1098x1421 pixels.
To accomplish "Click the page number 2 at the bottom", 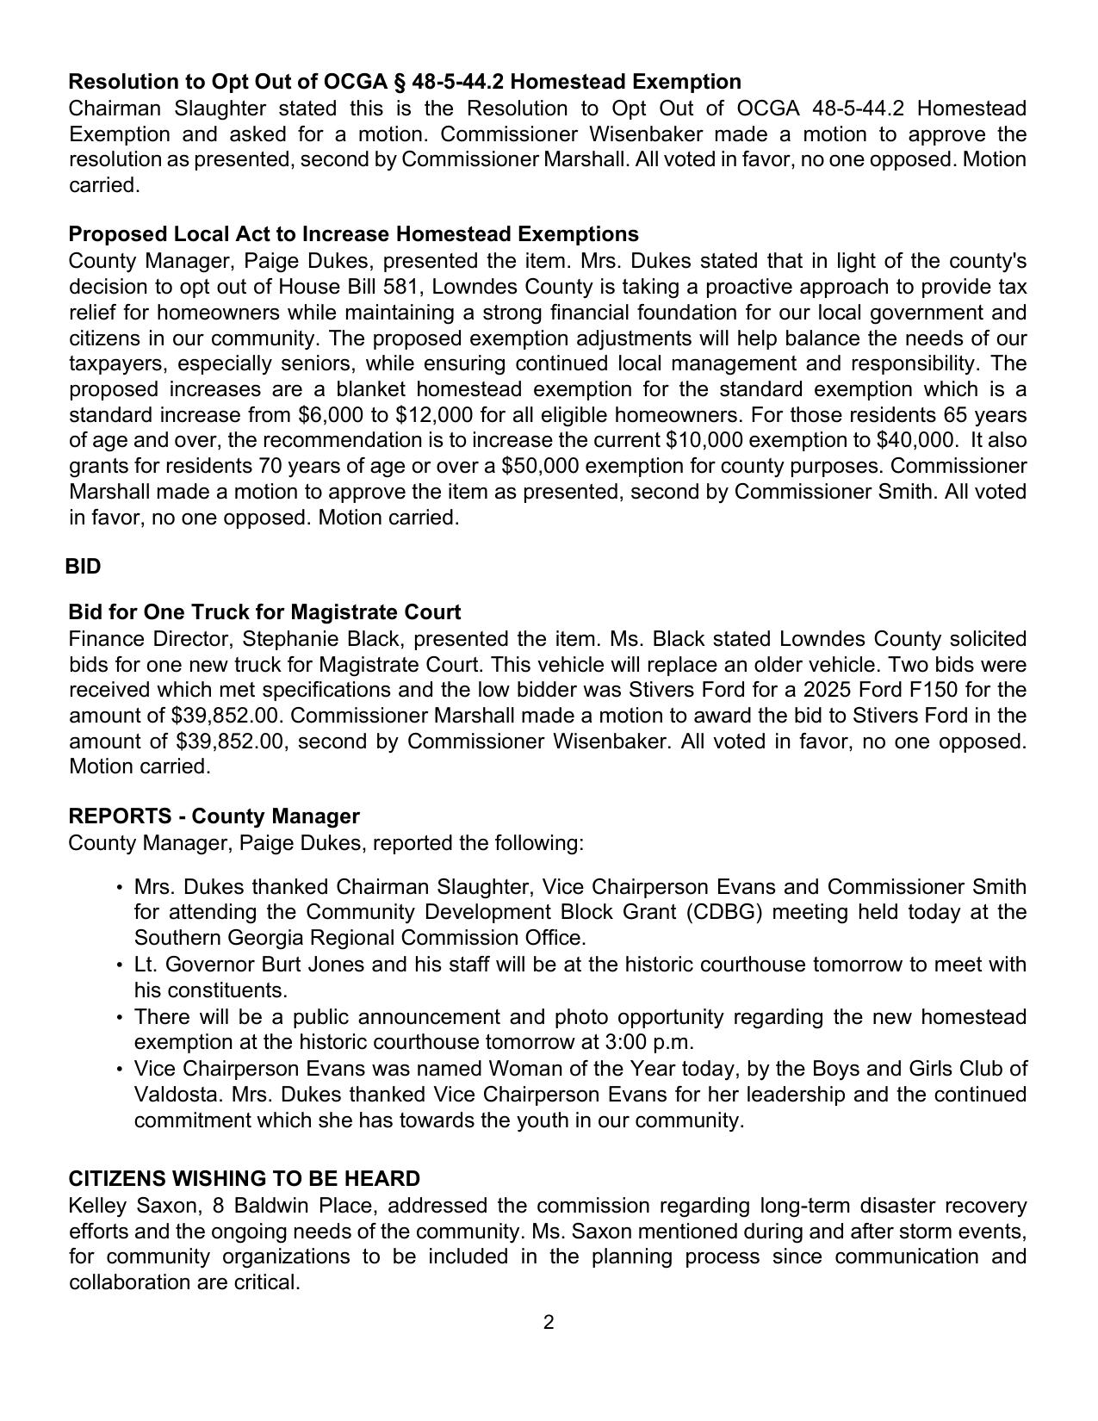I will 549,1322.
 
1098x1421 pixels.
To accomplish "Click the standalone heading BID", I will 84,567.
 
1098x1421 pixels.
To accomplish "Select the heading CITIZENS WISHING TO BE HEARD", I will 244,1178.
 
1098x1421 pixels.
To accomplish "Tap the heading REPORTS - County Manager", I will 214,816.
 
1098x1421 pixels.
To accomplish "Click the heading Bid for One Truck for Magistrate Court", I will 264,612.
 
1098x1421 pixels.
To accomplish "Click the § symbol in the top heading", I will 398,82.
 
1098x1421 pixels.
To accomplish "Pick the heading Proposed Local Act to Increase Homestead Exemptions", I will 353,234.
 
